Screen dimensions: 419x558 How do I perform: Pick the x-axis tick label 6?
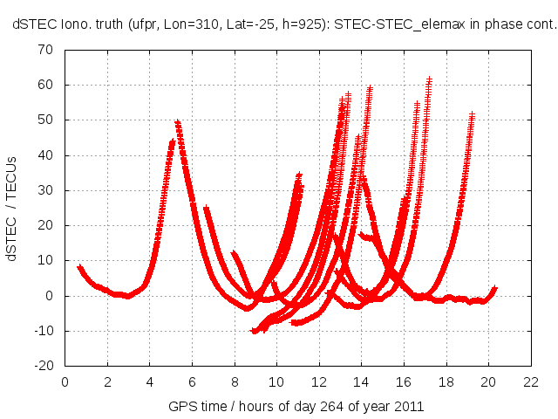[192, 381]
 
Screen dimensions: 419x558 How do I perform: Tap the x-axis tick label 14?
[361, 381]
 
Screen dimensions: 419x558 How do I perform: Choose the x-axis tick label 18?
[446, 381]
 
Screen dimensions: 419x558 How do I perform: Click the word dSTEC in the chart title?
[32, 26]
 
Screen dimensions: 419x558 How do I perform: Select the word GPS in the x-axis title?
[181, 407]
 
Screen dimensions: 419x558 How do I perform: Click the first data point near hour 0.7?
[79, 267]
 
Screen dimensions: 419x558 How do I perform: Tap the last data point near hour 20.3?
[494, 287]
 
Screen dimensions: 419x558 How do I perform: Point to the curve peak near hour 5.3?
[177, 122]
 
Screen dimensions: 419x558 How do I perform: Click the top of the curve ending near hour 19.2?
[472, 114]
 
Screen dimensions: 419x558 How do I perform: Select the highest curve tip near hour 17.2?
[429, 79]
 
